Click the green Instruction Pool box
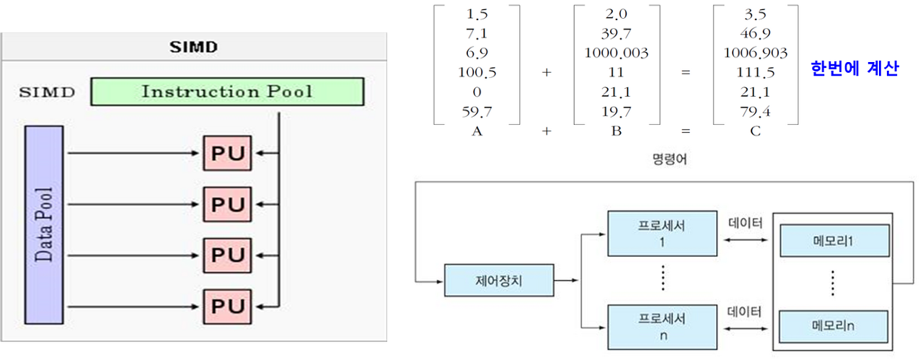click(x=227, y=92)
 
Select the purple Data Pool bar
click(x=44, y=224)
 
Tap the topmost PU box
click(x=227, y=154)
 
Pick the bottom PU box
click(x=227, y=305)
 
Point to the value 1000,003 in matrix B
click(x=617, y=53)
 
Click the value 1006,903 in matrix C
click(x=756, y=53)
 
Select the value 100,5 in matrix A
click(x=477, y=72)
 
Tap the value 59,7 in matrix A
click(x=477, y=111)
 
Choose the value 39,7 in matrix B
click(x=617, y=33)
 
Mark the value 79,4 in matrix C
click(x=756, y=111)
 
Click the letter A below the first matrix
click(x=477, y=131)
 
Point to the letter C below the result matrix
click(x=756, y=131)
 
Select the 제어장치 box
click(x=499, y=280)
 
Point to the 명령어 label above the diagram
click(x=668, y=159)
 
